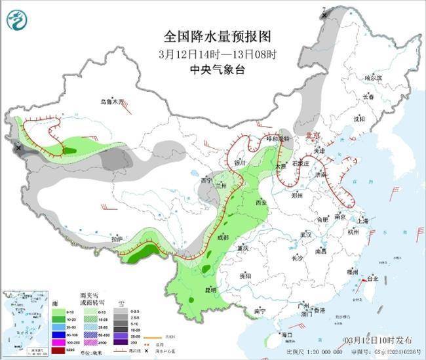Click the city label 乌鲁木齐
tap(111, 102)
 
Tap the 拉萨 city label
tap(117, 239)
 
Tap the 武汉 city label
tap(305, 234)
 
